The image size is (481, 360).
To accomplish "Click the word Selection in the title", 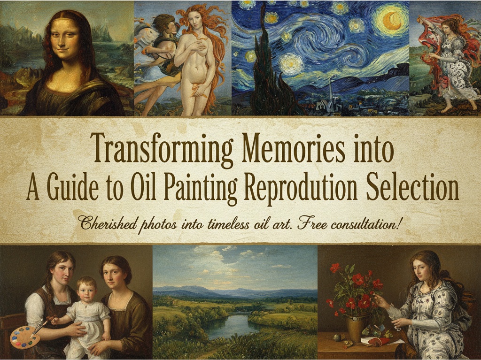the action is (x=413, y=186).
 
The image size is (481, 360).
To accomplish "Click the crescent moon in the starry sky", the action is (x=394, y=20).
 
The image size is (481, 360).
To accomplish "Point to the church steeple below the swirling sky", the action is (x=330, y=92).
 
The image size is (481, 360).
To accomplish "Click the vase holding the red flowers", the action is (x=357, y=327).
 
